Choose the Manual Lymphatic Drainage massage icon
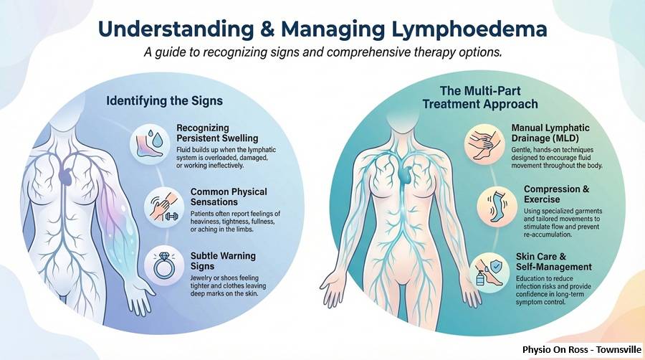click(x=485, y=141)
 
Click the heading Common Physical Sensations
click(x=229, y=197)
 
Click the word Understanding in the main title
click(x=173, y=30)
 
